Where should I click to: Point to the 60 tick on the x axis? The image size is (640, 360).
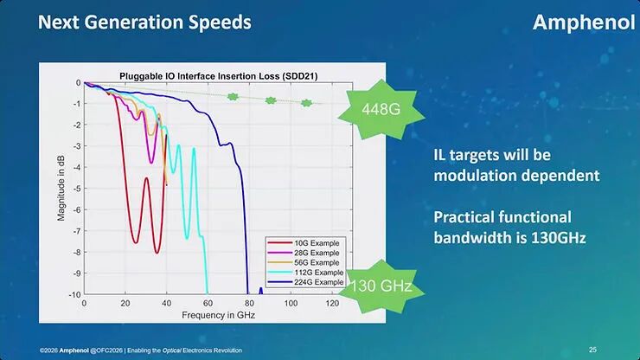[208, 305]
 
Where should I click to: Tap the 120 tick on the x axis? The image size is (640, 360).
[332, 305]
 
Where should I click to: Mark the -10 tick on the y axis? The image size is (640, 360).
[74, 295]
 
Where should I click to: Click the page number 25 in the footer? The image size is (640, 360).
[592, 350]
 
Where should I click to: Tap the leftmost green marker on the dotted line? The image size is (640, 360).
[233, 97]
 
